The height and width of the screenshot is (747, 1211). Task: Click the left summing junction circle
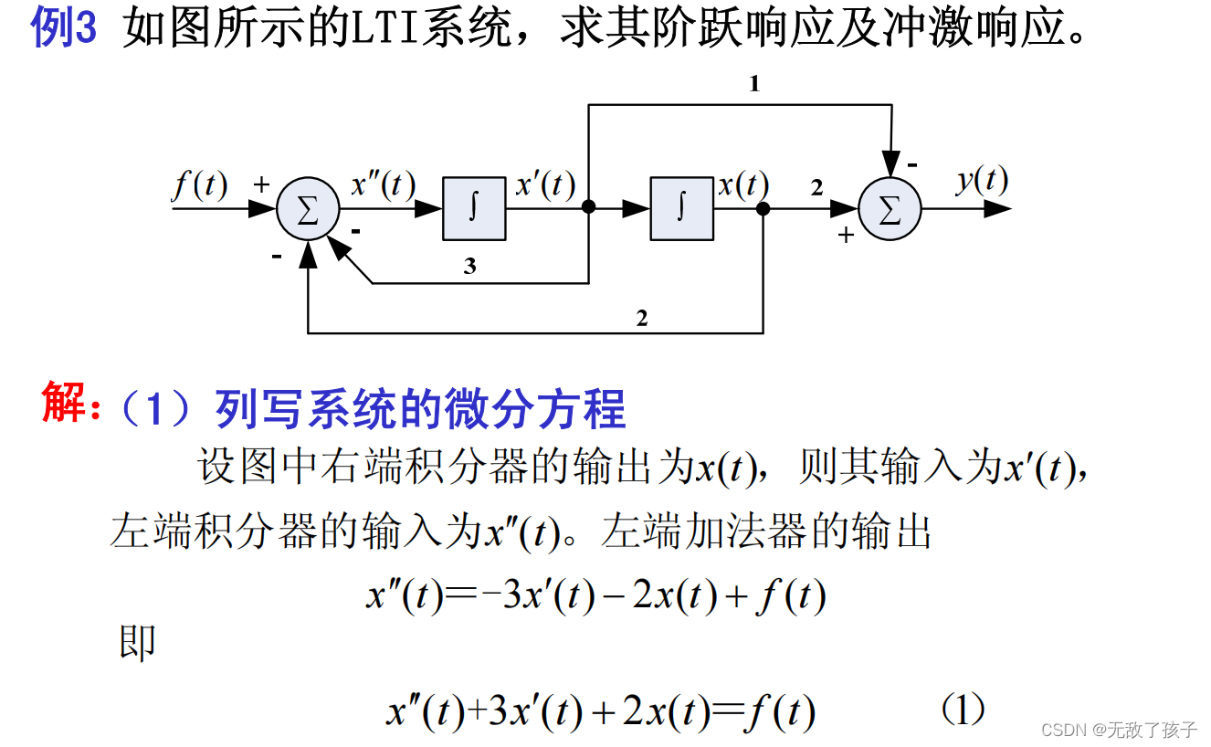click(308, 209)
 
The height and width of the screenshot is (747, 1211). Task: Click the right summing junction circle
click(890, 209)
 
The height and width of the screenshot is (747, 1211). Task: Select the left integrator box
click(474, 209)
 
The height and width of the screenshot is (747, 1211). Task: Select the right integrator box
click(681, 209)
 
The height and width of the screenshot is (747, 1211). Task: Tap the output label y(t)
click(982, 179)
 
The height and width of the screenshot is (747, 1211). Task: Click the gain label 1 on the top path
click(754, 84)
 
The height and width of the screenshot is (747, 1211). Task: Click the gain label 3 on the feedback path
click(469, 267)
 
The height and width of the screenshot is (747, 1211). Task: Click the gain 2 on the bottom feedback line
click(642, 319)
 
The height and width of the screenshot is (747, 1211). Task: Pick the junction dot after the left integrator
click(589, 209)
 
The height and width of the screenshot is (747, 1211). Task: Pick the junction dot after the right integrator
click(763, 209)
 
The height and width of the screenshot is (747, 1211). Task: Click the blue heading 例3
click(64, 30)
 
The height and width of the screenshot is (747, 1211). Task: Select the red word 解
click(64, 405)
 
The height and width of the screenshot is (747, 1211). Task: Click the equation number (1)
click(963, 710)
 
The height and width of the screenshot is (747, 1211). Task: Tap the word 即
click(137, 642)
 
